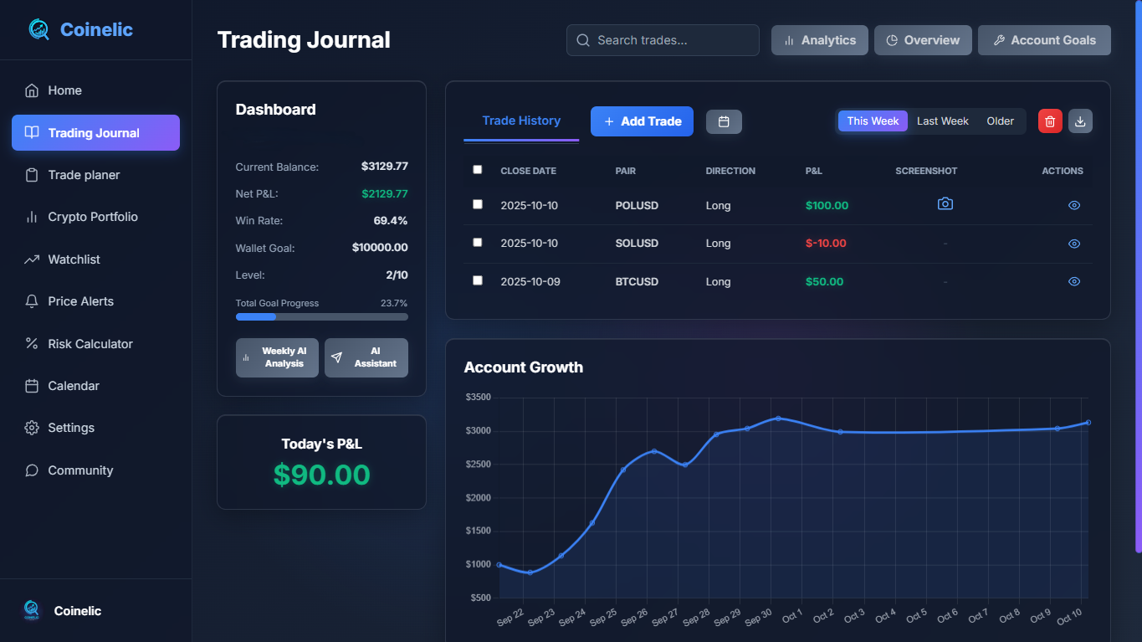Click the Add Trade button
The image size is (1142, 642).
642,121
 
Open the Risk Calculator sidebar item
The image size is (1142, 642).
90,344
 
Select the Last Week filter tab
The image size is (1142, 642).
942,121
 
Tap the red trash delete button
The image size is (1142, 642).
1050,121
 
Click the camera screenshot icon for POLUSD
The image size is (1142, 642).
945,204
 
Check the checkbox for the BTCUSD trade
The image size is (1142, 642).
478,280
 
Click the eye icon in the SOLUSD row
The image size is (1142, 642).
1074,244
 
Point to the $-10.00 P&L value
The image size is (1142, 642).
826,244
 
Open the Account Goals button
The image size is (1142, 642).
1043,40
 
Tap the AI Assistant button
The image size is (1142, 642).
366,357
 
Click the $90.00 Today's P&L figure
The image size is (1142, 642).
321,475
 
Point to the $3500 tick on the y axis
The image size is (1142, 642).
479,398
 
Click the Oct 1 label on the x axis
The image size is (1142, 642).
791,616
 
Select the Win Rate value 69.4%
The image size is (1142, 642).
390,221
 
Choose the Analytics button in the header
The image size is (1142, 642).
819,40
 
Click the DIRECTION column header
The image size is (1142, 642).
730,171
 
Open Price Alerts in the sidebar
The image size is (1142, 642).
80,301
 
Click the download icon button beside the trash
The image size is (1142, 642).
1080,121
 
